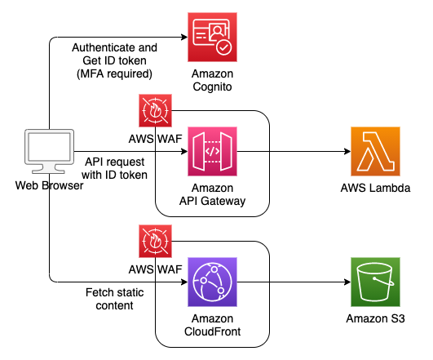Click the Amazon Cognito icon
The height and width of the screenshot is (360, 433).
tap(212, 37)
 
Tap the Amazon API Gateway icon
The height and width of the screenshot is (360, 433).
tap(212, 151)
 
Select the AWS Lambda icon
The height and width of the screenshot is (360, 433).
tap(375, 151)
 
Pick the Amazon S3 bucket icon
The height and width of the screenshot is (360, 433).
tap(375, 282)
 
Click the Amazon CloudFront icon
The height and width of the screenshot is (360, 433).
tap(212, 282)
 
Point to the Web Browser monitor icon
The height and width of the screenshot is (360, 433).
tap(49, 151)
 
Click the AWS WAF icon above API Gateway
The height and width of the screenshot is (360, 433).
tap(155, 110)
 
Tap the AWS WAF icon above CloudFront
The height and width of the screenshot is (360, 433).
tap(155, 241)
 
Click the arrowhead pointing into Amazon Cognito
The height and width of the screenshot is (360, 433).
tap(184, 37)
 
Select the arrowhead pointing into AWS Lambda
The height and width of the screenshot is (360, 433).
tap(347, 151)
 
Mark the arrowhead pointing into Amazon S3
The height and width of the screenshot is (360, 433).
tap(347, 282)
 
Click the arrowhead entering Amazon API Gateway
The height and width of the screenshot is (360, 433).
tap(184, 151)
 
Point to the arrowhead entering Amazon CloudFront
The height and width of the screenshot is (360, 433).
tap(184, 282)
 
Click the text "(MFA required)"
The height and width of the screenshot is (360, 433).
tap(114, 73)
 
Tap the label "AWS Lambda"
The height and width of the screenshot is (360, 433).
tap(375, 188)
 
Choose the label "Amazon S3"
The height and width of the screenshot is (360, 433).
tap(375, 318)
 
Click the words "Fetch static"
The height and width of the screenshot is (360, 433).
tap(114, 292)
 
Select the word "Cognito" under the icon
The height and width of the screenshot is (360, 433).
tap(212, 87)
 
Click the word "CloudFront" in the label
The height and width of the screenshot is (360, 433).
tap(212, 331)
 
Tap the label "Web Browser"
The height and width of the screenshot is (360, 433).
tap(49, 185)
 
